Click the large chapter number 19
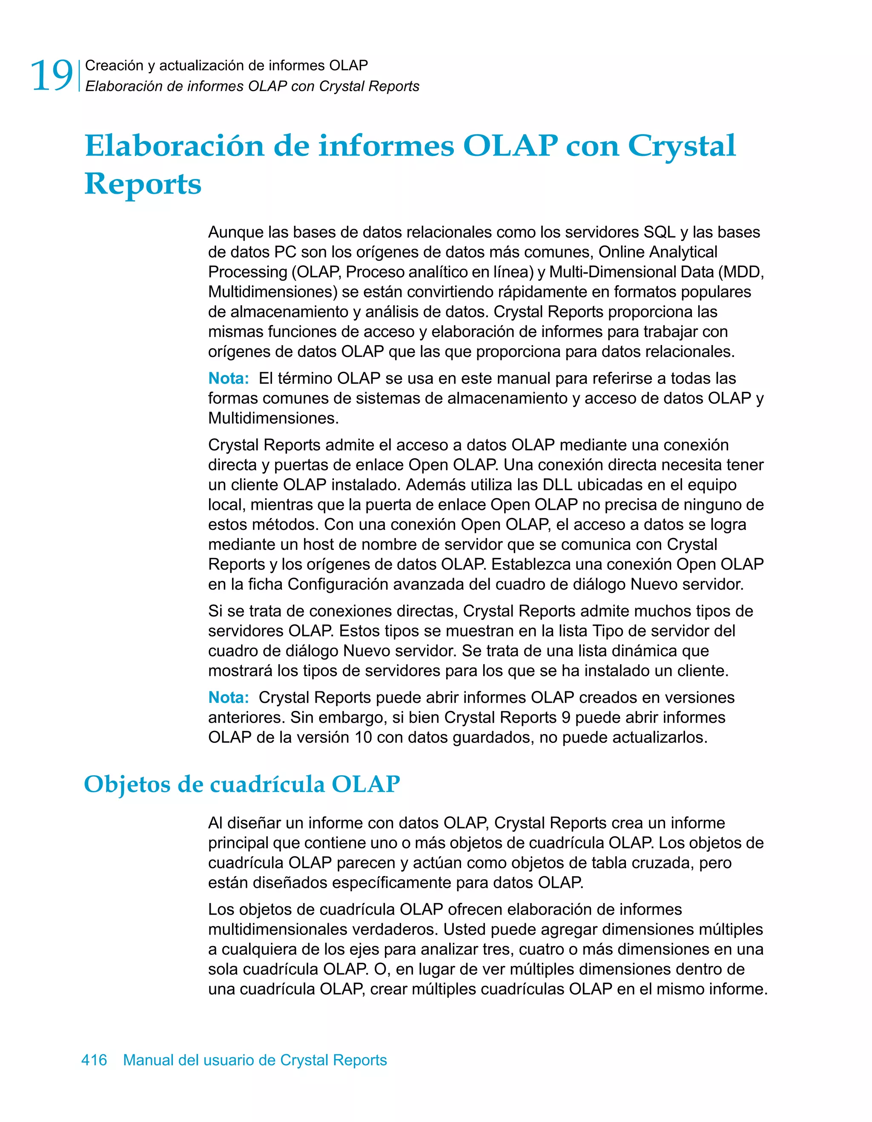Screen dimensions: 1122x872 [x=52, y=76]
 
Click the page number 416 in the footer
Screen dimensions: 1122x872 [x=94, y=1060]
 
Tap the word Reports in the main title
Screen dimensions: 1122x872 [x=143, y=184]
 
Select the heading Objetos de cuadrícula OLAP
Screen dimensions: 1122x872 [x=241, y=785]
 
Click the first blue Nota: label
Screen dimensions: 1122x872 [x=229, y=379]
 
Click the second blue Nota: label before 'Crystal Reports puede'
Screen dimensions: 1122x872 [x=229, y=698]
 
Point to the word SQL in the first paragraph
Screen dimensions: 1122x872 [x=660, y=232]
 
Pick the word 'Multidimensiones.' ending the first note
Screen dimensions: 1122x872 [x=273, y=418]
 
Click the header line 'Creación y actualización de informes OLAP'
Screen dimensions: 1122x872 [x=227, y=65]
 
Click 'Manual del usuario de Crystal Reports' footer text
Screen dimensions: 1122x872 [x=255, y=1060]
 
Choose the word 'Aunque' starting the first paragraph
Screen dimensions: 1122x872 [x=235, y=232]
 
